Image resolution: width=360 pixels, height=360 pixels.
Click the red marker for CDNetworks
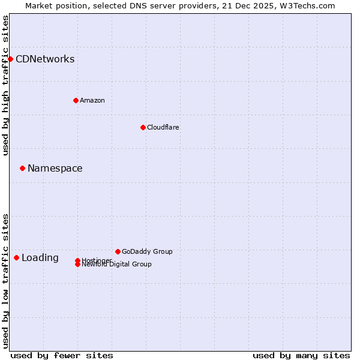pos(10,59)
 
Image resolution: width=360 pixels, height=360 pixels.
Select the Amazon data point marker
pos(76,100)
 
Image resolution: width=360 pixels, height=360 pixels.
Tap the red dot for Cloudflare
pos(143,127)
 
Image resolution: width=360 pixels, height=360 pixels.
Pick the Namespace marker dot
pos(22,168)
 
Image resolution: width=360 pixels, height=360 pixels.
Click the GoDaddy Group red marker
pos(118,251)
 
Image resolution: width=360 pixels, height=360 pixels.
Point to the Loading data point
pos(16,257)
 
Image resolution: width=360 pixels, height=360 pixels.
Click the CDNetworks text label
pos(45,59)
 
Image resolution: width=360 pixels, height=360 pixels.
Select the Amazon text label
pos(92,100)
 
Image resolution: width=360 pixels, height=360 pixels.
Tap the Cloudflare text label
pos(163,127)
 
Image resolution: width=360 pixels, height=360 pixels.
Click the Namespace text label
pos(55,168)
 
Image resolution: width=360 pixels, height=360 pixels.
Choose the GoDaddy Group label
pos(147,251)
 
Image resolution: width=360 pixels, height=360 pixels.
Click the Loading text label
pos(40,258)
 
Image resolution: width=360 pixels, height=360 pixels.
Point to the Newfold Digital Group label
pos(117,265)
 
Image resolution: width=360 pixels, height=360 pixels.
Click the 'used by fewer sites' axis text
pos(62,355)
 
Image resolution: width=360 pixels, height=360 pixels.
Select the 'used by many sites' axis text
pos(301,355)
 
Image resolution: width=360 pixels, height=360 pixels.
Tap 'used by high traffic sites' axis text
pos(5,85)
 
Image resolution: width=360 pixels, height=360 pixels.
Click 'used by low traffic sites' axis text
pos(5,280)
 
